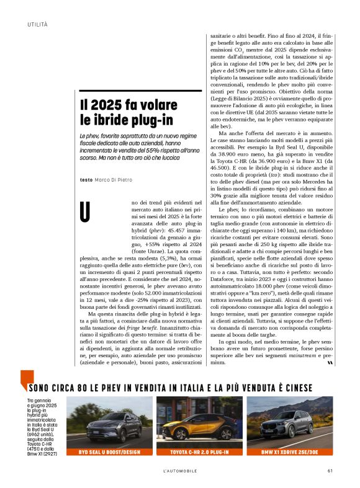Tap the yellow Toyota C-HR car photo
(x=191, y=422)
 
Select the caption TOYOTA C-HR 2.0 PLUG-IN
(x=191, y=453)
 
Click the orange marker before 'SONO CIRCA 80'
(x=25, y=379)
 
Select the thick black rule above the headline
(x=141, y=91)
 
